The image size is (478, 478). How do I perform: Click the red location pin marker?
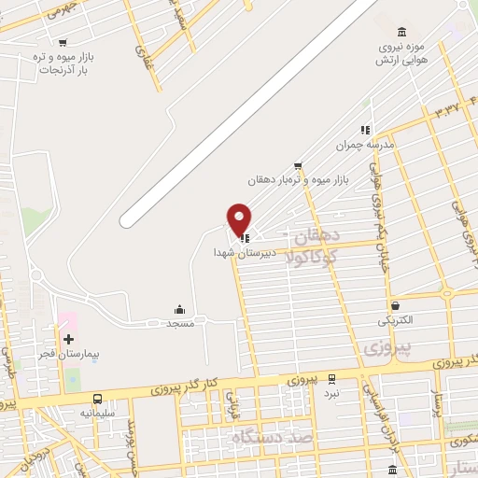(240, 219)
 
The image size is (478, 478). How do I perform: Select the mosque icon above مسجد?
(179, 309)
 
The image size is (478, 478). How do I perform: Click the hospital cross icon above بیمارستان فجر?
(67, 338)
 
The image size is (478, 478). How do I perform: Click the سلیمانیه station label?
(97, 413)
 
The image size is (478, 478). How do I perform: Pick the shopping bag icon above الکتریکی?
(396, 305)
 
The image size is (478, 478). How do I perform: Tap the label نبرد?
(360, 394)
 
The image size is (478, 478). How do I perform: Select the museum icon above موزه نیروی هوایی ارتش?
(401, 32)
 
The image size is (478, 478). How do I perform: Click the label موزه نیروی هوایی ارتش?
(401, 53)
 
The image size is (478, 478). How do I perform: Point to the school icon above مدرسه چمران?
(366, 130)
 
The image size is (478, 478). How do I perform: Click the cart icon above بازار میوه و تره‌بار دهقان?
(297, 164)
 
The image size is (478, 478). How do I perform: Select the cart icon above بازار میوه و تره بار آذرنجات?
(63, 42)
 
